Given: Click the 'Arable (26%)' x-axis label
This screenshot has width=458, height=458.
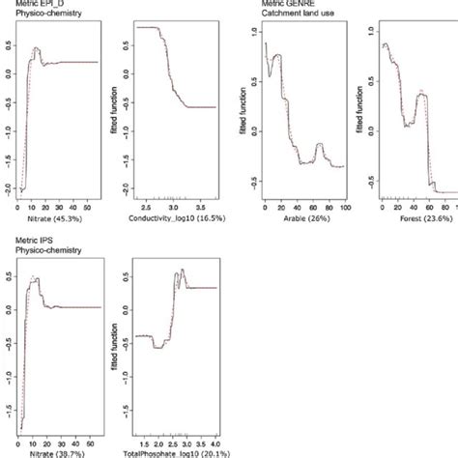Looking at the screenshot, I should coord(304,221).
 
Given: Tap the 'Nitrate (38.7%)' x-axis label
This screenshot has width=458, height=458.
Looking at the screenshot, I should coord(47,452).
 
